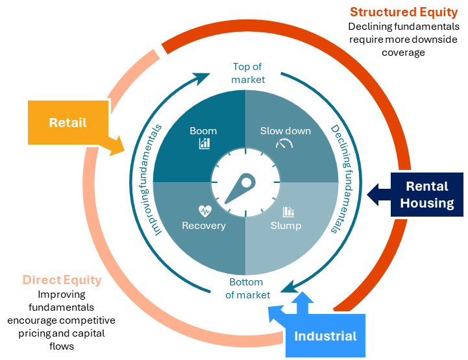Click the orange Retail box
point(68,122)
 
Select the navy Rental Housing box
point(426,195)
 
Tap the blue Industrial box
point(325,336)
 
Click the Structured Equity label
point(403,12)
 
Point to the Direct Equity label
point(62,280)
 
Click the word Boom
point(203,130)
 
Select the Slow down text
point(286,130)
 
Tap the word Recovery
point(204,226)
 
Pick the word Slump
point(286,226)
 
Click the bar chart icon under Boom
point(204,143)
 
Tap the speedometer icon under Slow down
point(284,143)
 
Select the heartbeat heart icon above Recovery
point(204,211)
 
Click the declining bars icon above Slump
point(288,211)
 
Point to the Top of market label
point(249,73)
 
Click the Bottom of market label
point(247,289)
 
